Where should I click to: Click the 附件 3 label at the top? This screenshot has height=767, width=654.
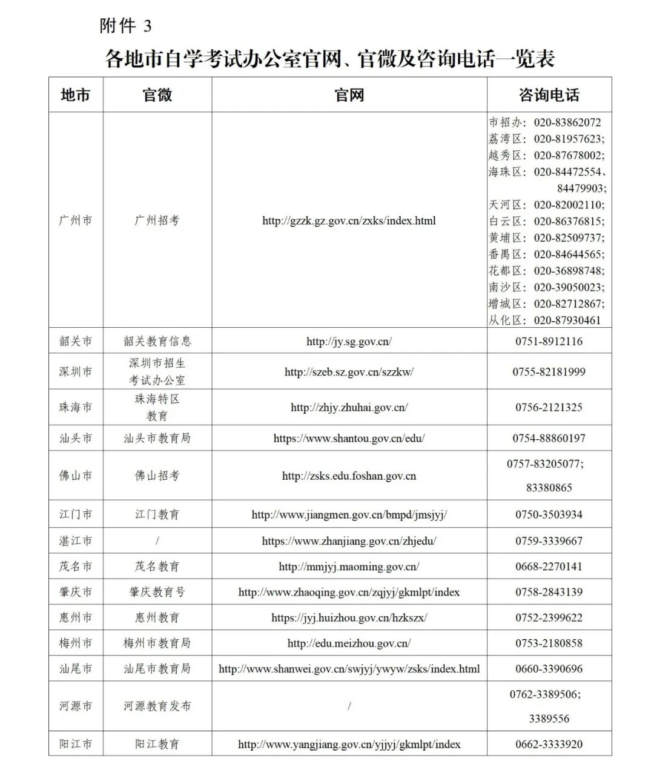[x=125, y=26]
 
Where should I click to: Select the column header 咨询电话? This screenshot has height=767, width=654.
[x=549, y=95]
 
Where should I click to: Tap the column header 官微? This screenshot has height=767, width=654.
[x=157, y=95]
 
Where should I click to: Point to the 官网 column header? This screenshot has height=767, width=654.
[x=349, y=95]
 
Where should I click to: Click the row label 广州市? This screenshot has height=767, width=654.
[x=76, y=221]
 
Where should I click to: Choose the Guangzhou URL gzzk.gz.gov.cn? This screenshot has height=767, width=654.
[x=349, y=221]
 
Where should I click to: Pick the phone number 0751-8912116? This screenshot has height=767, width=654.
[x=549, y=341]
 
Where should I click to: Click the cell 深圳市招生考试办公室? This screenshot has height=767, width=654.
[x=157, y=371]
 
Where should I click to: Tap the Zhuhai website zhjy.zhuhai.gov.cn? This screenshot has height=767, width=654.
[x=349, y=407]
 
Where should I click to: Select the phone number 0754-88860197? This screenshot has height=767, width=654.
[x=549, y=438]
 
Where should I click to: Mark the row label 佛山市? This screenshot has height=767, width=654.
[x=76, y=476]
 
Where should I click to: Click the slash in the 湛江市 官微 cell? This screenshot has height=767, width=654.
[x=157, y=540]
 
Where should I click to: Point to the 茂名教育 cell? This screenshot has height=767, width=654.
[x=157, y=566]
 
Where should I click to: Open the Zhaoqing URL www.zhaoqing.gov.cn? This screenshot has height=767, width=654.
[x=349, y=592]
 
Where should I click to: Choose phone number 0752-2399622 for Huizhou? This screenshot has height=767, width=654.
[x=549, y=617]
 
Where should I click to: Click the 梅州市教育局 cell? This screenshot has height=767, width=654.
[x=157, y=643]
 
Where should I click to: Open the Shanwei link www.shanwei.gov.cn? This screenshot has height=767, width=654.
[x=349, y=669]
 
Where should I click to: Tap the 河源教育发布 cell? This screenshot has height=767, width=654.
[x=157, y=706]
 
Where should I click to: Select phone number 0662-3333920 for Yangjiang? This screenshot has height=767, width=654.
[x=549, y=744]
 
